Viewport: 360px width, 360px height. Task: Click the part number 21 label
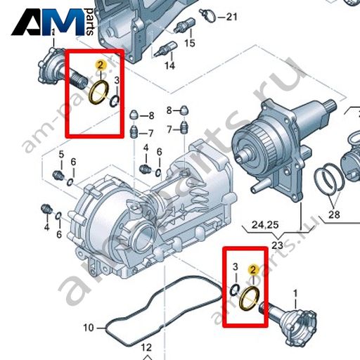click(231, 17)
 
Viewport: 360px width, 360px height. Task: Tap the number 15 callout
click(190, 43)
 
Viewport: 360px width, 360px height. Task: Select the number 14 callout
click(169, 65)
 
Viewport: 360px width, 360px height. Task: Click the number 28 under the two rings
click(334, 214)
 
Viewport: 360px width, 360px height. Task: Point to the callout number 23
click(278, 245)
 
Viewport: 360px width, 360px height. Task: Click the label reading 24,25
click(265, 225)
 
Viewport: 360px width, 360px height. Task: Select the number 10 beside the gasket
click(89, 328)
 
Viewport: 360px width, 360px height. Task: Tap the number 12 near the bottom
click(146, 347)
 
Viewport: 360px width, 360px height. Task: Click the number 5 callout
click(61, 155)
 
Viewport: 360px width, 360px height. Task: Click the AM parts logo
click(53, 22)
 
